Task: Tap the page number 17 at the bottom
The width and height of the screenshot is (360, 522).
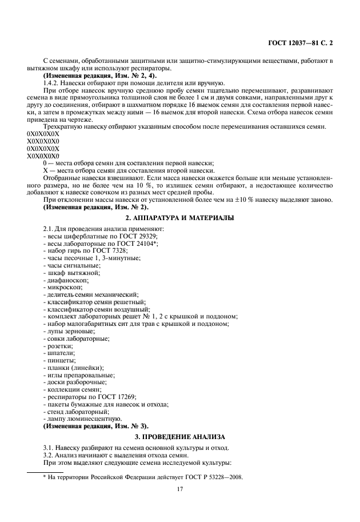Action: (179, 489)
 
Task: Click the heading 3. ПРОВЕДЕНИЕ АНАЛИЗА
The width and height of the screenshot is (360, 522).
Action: (179, 436)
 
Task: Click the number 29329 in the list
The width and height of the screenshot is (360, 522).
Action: (147, 236)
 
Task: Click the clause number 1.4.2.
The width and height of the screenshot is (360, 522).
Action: (52, 83)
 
